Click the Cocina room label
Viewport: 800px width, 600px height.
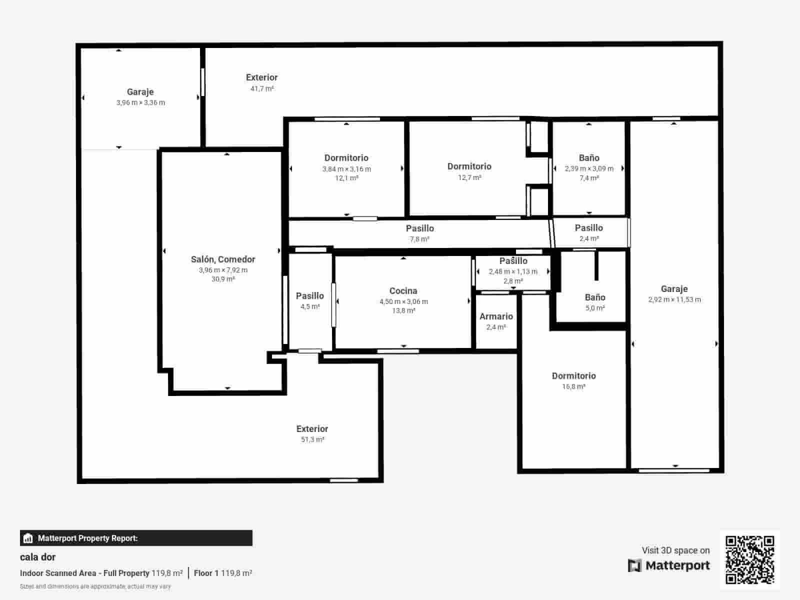click(x=403, y=291)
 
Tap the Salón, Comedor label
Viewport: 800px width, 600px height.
click(x=223, y=259)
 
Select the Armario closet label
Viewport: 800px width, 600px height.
click(x=496, y=316)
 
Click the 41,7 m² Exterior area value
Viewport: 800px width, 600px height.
click(x=262, y=89)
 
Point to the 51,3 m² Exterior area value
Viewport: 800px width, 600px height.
click(x=312, y=440)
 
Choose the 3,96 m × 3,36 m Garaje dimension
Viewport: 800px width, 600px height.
click(x=140, y=102)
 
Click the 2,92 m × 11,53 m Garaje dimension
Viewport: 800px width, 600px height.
click(x=674, y=300)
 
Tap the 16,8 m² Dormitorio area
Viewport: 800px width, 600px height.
click(x=573, y=387)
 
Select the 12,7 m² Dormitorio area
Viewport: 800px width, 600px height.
click(x=469, y=177)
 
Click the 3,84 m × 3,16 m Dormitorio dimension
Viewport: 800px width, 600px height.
click(x=346, y=169)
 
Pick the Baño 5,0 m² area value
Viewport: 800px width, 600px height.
click(x=595, y=308)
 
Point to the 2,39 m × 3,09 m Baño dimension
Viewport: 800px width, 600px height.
click(x=589, y=168)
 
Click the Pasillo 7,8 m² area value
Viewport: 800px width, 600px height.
click(x=419, y=239)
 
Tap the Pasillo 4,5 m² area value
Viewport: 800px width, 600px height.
click(x=310, y=307)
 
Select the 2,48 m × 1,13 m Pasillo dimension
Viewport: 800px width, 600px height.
click(x=513, y=271)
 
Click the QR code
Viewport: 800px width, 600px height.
click(x=749, y=559)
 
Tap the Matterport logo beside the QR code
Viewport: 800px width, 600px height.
click(x=669, y=565)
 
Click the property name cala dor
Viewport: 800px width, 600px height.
click(x=38, y=557)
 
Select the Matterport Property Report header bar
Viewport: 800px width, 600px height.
click(x=136, y=538)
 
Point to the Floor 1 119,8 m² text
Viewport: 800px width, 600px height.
click(x=223, y=573)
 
